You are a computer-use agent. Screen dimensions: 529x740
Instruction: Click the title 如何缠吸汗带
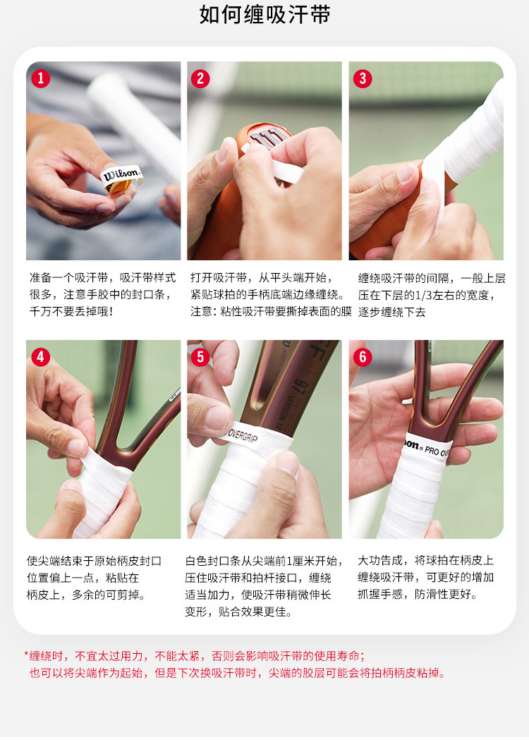click(x=264, y=15)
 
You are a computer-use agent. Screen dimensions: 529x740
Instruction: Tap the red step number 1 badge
click(x=41, y=78)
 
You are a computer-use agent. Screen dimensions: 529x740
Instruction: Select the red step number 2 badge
click(x=200, y=78)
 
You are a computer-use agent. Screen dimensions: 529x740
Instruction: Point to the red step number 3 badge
click(x=363, y=78)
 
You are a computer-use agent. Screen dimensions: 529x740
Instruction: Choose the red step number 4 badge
click(x=41, y=357)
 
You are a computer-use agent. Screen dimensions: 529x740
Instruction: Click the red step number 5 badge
click(x=200, y=357)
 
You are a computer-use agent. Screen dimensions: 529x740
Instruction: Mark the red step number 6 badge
click(x=363, y=357)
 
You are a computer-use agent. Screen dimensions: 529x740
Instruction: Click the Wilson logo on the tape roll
click(x=121, y=175)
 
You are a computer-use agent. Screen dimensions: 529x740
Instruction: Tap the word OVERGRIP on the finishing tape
click(x=243, y=435)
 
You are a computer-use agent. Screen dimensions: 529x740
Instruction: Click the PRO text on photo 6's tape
click(x=432, y=450)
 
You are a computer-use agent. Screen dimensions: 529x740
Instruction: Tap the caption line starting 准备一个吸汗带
click(x=102, y=277)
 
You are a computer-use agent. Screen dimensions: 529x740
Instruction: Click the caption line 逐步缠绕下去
click(x=391, y=312)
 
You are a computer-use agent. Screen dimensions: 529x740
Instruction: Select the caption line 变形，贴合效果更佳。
click(x=239, y=612)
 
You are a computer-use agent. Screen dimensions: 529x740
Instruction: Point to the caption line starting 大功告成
click(x=425, y=560)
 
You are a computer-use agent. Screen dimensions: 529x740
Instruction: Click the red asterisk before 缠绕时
click(x=26, y=655)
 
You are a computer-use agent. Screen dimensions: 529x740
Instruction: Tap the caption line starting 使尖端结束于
click(x=95, y=561)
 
